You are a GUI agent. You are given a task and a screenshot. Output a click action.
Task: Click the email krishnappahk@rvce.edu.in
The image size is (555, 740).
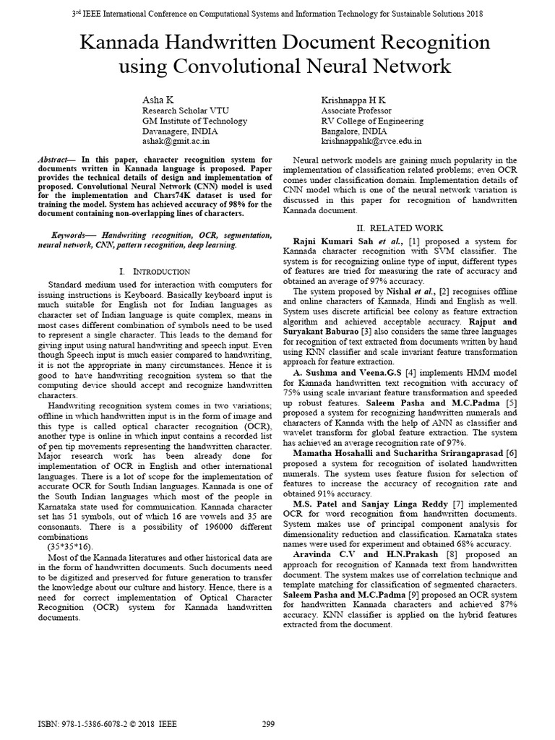(371, 143)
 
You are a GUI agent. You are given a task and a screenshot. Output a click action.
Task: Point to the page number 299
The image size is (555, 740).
(269, 723)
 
